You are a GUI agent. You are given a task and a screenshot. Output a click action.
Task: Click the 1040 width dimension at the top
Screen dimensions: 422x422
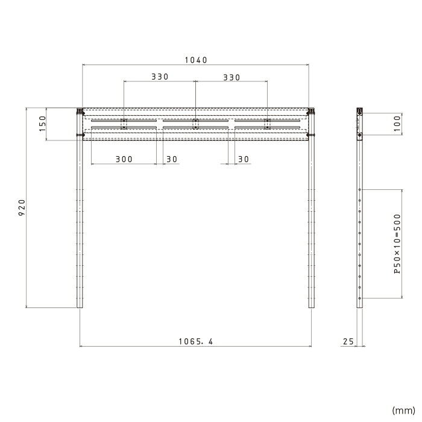[x=196, y=60]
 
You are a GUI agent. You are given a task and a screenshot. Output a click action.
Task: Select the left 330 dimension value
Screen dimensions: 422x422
[x=160, y=77]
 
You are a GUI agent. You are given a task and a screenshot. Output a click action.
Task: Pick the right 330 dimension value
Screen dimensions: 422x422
[x=231, y=78]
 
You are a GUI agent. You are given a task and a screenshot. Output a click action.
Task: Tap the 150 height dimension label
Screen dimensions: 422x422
[x=43, y=124]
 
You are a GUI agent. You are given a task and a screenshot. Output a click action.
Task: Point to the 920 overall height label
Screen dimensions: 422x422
[x=22, y=207]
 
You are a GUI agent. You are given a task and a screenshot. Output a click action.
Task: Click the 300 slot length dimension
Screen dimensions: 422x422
[x=124, y=159]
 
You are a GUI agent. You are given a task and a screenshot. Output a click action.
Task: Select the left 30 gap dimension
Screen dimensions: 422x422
[x=172, y=159]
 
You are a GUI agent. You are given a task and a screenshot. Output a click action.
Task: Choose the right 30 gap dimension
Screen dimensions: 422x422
[x=244, y=159]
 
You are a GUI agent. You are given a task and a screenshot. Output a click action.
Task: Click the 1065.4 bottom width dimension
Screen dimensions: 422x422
[x=196, y=342]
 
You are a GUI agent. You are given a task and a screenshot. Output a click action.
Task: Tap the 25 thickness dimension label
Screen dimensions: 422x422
[x=348, y=342]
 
